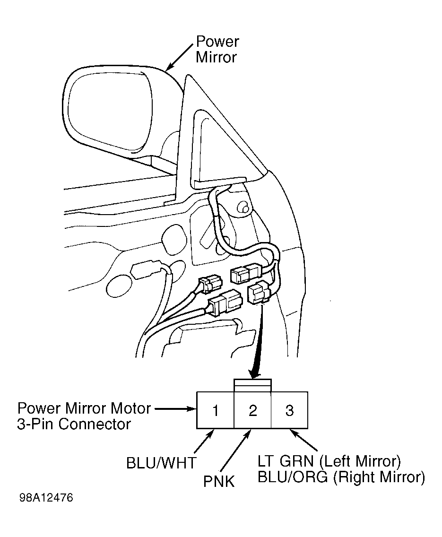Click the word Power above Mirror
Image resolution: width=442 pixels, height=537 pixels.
click(x=217, y=42)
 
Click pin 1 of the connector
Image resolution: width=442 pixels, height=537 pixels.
click(x=216, y=410)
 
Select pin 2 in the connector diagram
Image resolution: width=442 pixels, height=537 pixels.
click(x=252, y=410)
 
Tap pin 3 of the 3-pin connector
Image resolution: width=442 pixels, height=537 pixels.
click(x=290, y=410)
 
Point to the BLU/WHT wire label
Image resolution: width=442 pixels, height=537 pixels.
click(x=161, y=463)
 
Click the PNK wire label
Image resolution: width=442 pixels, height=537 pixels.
click(x=219, y=482)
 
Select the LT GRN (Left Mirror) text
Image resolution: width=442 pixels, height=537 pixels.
click(x=329, y=461)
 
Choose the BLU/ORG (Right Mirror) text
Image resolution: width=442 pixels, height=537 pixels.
click(x=341, y=477)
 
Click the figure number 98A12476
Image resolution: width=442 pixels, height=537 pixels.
click(x=46, y=498)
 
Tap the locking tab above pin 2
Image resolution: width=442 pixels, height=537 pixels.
click(x=252, y=386)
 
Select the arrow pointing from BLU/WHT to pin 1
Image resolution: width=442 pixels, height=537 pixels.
click(x=203, y=442)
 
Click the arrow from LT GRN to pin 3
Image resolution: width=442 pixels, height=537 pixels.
click(x=303, y=441)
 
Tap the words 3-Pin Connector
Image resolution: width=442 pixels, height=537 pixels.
click(x=74, y=424)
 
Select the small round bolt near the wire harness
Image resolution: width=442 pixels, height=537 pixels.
click(x=244, y=208)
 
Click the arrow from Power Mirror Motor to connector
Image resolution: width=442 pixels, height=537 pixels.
click(x=175, y=408)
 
